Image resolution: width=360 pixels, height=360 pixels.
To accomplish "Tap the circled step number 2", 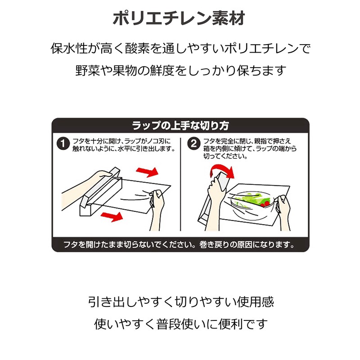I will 194,144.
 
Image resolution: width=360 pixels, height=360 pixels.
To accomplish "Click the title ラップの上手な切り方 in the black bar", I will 180,125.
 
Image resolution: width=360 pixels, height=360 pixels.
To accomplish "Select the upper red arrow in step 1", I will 147,172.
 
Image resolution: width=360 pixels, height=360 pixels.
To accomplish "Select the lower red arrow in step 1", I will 111,216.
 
